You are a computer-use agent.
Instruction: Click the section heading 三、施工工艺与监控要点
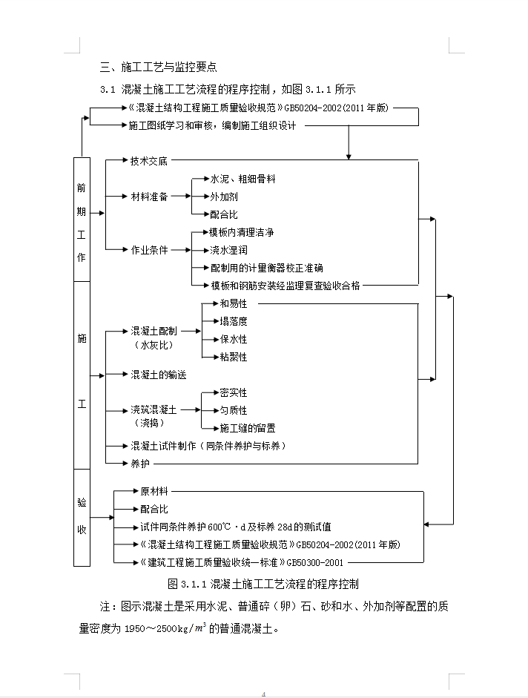(159, 68)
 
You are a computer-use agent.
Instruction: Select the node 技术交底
(149, 161)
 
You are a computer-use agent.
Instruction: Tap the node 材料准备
(149, 197)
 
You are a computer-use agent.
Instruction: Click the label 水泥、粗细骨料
(242, 179)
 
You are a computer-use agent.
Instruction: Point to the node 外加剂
(224, 197)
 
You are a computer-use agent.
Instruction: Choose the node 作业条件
(149, 250)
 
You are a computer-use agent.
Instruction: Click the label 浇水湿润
(229, 250)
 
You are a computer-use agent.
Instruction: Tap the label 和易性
(234, 303)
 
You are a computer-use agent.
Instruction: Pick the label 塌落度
(234, 321)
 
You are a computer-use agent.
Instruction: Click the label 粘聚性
(234, 357)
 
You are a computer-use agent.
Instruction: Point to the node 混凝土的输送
(159, 375)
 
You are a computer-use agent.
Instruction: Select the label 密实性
(234, 392)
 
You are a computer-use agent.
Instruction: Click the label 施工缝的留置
(248, 428)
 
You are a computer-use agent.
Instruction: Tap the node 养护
(140, 464)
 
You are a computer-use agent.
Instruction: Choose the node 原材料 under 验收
(154, 491)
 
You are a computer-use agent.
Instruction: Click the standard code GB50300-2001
(315, 563)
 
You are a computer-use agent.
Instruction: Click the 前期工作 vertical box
(82, 220)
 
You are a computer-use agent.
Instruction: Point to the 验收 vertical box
(82, 517)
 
